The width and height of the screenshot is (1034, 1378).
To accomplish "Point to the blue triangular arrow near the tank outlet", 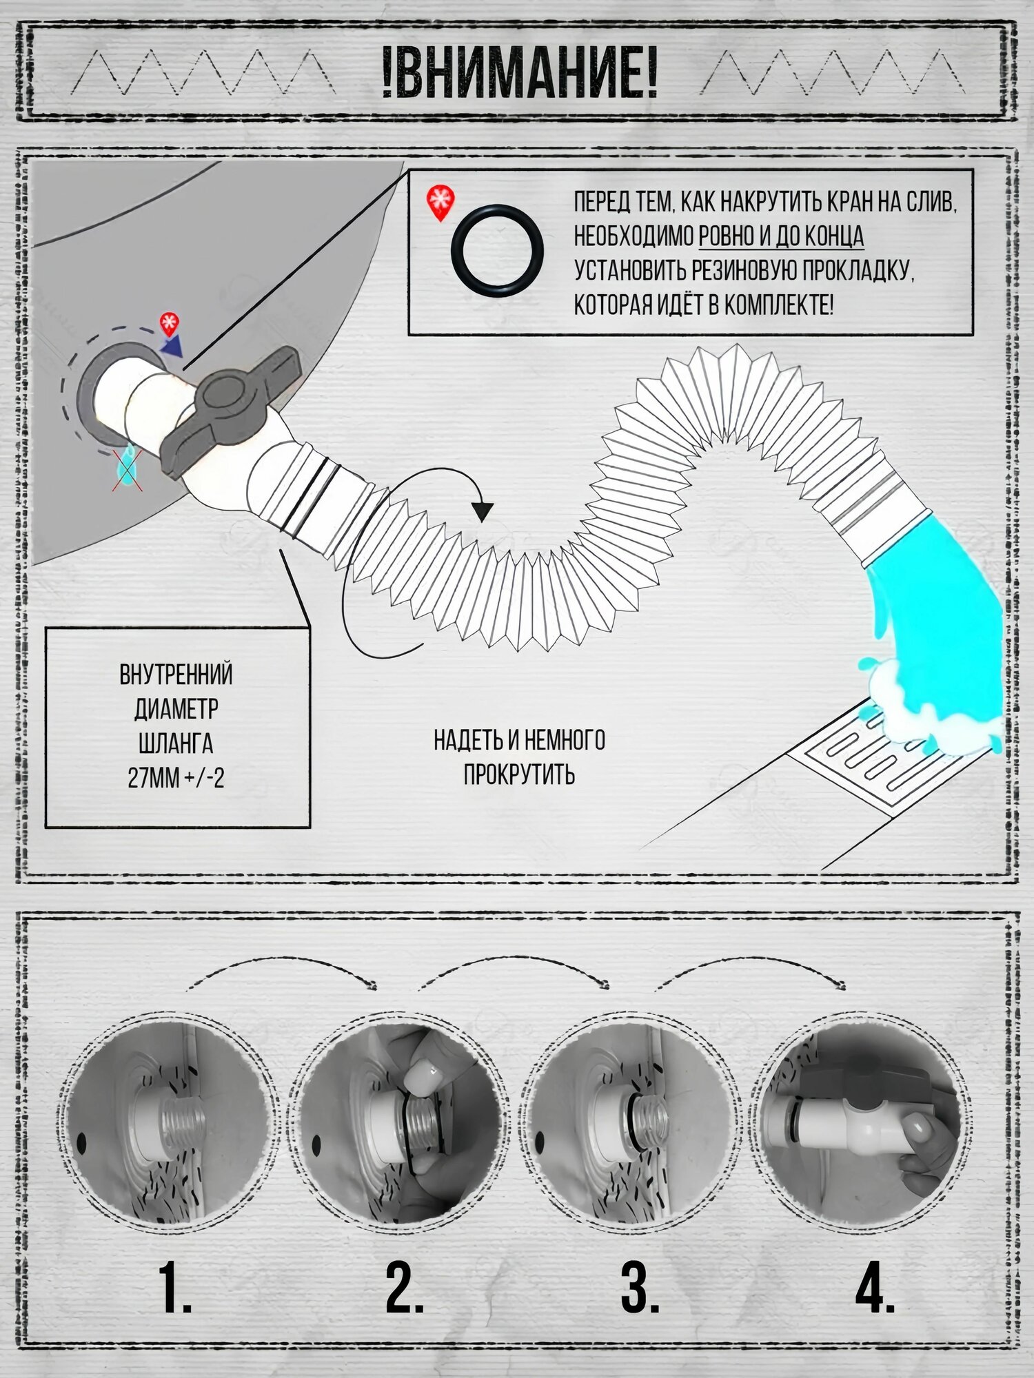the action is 172,345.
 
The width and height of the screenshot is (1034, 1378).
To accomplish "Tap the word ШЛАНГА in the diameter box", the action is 176,744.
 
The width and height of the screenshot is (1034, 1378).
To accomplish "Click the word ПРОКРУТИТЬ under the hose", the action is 519,774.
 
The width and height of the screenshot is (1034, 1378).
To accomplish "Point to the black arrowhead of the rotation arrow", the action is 483,511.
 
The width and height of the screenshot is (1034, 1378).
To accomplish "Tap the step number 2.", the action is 405,1287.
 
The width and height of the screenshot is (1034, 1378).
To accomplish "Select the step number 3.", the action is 640,1287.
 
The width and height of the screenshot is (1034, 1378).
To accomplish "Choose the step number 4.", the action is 875,1287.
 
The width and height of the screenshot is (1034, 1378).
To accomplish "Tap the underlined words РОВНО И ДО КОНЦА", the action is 781,236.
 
